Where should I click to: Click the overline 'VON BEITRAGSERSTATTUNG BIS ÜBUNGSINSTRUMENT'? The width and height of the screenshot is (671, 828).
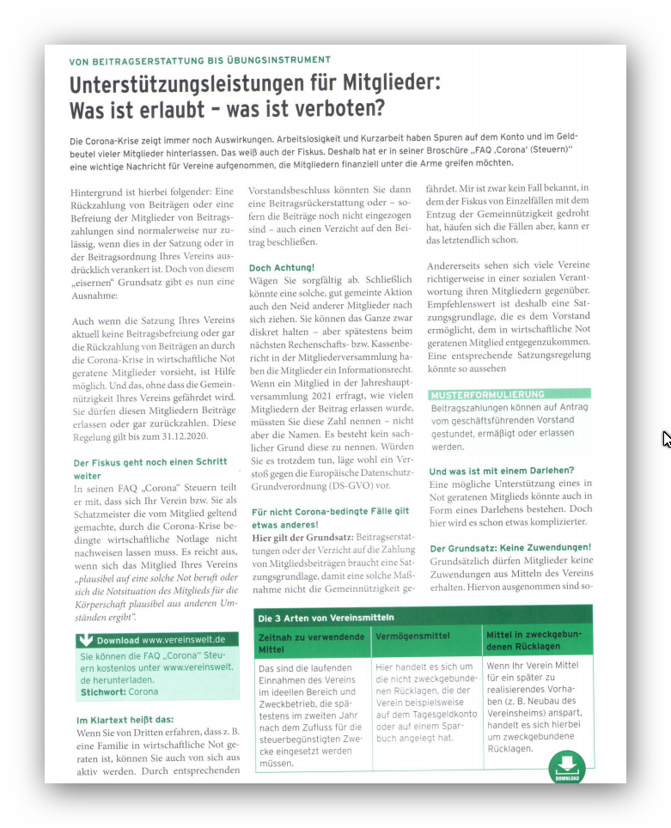pos(199,60)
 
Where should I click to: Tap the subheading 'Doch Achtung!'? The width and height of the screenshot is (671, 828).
pos(281,268)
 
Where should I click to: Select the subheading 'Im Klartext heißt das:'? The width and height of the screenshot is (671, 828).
pos(125,719)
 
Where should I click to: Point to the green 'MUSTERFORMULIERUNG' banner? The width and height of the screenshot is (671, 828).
pos(487,394)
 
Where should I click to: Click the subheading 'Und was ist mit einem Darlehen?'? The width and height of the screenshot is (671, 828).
pos(501,470)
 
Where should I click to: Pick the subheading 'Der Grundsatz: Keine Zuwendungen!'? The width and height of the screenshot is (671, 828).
pos(509,547)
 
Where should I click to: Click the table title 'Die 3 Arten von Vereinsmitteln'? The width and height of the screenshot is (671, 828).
pos(326,617)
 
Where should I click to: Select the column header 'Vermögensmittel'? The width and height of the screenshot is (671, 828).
pos(412,637)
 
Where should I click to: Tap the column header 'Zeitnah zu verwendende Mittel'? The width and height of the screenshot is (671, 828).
pos(311,643)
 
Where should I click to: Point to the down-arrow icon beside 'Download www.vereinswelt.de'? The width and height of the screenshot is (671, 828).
pos(85,640)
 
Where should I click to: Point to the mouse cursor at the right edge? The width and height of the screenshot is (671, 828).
pos(667,439)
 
